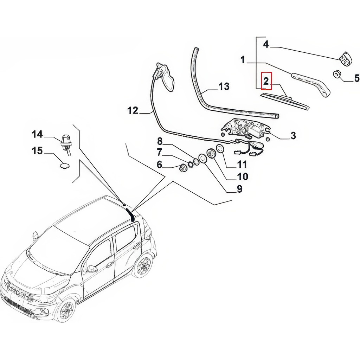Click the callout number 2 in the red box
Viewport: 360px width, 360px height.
tap(266, 82)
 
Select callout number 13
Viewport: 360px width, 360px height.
tap(224, 86)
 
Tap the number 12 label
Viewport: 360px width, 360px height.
tap(133, 110)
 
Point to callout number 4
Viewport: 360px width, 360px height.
tap(266, 44)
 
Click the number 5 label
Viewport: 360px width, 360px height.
tap(356, 78)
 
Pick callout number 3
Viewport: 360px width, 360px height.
tap(293, 135)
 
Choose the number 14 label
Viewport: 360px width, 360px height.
tap(37, 134)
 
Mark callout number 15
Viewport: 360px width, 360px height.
tap(37, 151)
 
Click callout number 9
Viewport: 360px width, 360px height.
tap(239, 189)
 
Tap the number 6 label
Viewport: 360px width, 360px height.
tap(160, 164)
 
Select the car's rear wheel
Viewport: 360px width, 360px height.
tap(143, 266)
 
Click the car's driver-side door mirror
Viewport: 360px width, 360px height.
tap(92, 269)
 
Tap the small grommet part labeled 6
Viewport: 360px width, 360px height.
tap(183, 168)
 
